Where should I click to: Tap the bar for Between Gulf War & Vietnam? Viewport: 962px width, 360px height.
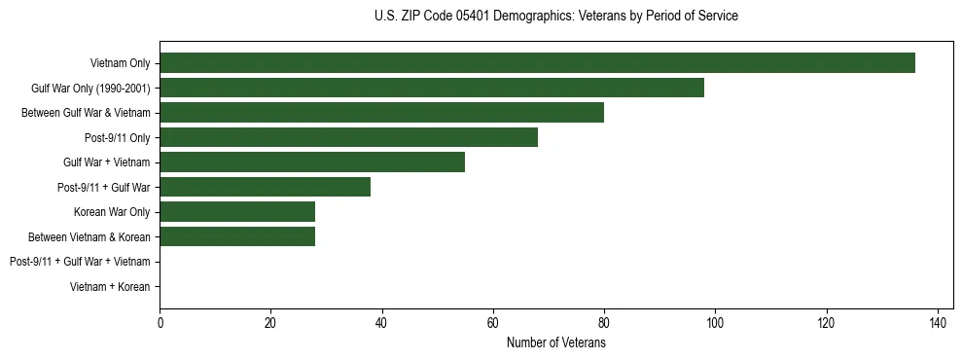(381, 113)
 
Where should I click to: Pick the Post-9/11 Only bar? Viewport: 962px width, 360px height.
(348, 137)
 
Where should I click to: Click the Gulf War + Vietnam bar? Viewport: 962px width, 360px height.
(312, 162)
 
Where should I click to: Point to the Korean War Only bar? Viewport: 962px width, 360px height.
(237, 212)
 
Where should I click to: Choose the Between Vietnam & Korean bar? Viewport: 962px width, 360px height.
(237, 236)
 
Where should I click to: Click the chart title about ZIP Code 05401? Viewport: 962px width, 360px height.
(555, 17)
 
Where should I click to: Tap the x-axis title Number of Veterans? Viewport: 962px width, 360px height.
(555, 343)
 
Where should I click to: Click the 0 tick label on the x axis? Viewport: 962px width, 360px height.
(160, 323)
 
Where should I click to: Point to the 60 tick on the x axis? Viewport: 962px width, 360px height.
(493, 323)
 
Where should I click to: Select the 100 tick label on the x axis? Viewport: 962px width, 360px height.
(715, 323)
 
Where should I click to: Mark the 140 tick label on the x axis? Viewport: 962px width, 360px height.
(938, 323)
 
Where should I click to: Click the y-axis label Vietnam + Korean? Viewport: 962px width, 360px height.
(110, 287)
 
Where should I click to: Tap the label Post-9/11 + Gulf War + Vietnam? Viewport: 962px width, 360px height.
(80, 262)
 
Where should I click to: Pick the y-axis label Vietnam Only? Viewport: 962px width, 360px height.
(121, 63)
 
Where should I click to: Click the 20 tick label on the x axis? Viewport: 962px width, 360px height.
(270, 323)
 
